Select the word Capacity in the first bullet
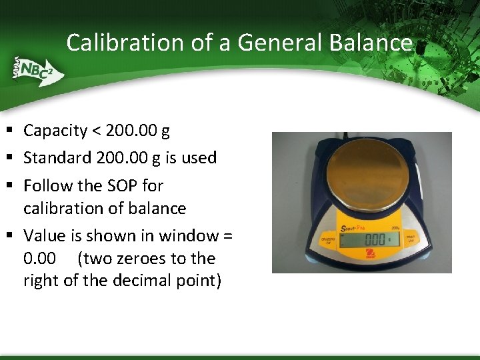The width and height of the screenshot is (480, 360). pos(55,131)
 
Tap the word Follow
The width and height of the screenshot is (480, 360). pos(45,185)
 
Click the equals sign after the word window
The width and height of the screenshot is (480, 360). pos(227,236)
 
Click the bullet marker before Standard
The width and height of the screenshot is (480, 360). pos(11,158)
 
